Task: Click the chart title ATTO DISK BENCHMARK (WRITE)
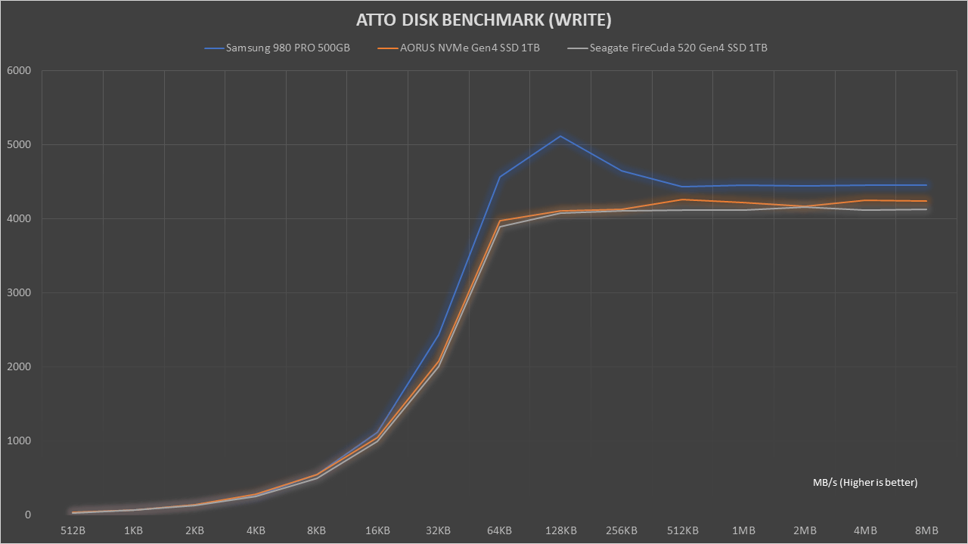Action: point(484,20)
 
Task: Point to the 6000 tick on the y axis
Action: point(19,71)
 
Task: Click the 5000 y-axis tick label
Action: point(19,145)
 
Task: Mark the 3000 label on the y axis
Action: point(19,293)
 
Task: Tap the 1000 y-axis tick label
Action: point(19,441)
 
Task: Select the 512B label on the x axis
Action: point(73,530)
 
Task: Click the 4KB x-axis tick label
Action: point(256,530)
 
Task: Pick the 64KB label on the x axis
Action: point(499,530)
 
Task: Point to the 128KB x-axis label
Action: point(560,530)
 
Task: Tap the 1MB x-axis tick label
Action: point(743,530)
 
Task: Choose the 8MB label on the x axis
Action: point(926,530)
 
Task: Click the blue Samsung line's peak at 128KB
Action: point(560,136)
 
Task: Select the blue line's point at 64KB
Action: point(499,177)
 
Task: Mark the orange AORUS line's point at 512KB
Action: point(682,199)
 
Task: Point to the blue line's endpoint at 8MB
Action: point(926,185)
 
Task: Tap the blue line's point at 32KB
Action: point(439,333)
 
